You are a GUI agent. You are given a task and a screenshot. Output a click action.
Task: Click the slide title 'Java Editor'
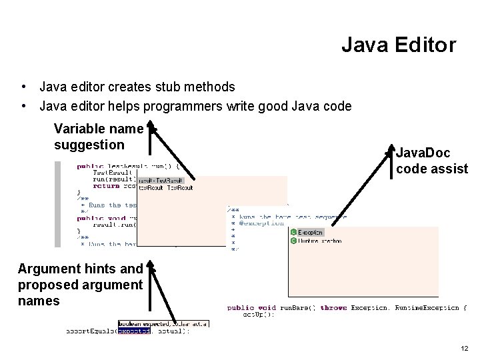tap(398, 45)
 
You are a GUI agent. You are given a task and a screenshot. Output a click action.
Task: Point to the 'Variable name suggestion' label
tap(99, 137)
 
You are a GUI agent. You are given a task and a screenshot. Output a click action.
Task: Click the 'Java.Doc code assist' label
tap(431, 161)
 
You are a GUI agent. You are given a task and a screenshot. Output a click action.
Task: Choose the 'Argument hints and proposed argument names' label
tap(80, 285)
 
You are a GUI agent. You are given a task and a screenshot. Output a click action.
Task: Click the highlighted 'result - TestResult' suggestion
tap(161, 180)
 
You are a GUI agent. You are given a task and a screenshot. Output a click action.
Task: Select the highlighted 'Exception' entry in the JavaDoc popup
tap(310, 232)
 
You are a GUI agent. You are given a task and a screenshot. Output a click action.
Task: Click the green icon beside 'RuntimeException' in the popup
tap(293, 241)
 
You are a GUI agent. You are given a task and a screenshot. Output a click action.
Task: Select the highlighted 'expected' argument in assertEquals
tap(134, 331)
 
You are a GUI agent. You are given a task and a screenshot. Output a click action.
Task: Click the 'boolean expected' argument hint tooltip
tap(163, 323)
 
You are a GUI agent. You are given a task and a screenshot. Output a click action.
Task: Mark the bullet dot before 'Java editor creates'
tap(24, 87)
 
